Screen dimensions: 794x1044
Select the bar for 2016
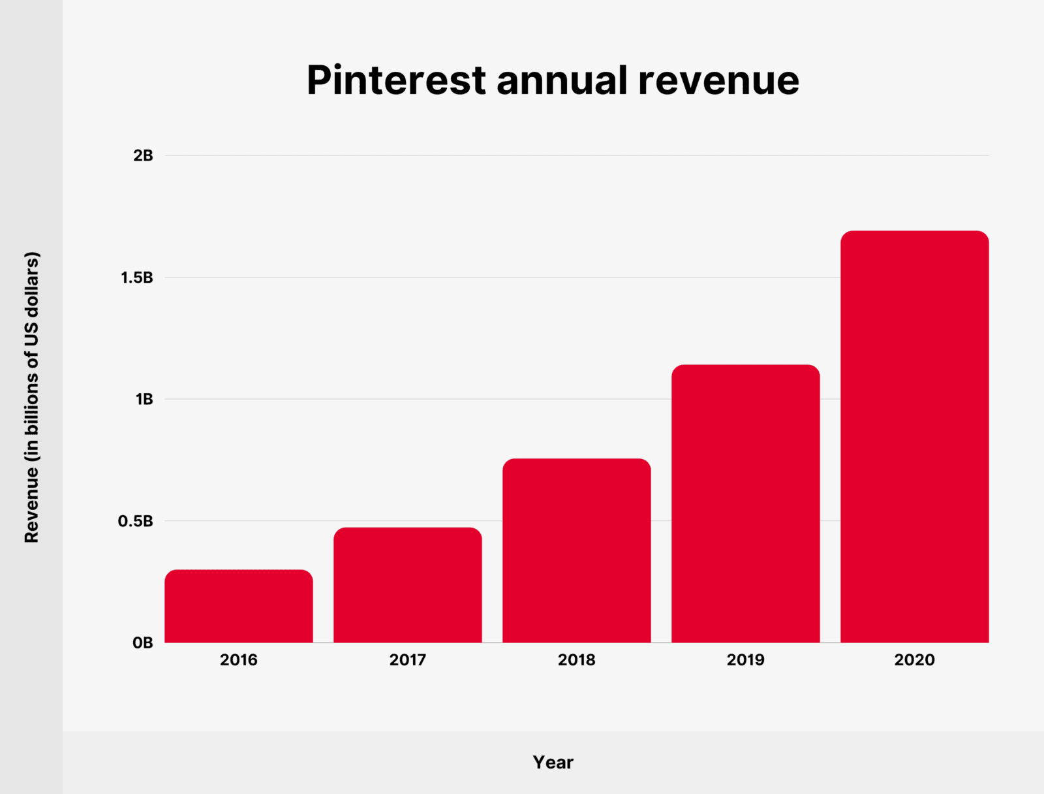239,606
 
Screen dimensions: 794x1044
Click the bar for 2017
408,585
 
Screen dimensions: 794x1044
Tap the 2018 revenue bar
577,550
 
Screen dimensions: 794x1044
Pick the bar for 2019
746,503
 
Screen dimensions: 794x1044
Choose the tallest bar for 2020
915,436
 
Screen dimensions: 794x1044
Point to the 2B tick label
143,155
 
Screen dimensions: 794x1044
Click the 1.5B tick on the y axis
136,278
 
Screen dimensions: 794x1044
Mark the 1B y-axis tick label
144,399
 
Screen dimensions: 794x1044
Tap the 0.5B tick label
135,521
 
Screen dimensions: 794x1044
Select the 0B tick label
142,643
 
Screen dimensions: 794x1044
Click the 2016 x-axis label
239,659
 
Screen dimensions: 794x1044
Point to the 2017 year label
408,659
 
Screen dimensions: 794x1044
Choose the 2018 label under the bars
577,659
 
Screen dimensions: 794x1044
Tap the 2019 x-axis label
746,659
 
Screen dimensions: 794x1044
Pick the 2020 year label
915,659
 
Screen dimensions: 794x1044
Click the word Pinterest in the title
396,80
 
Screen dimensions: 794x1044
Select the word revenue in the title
718,80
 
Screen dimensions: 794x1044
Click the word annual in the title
562,80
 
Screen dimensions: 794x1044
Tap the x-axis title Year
553,762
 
